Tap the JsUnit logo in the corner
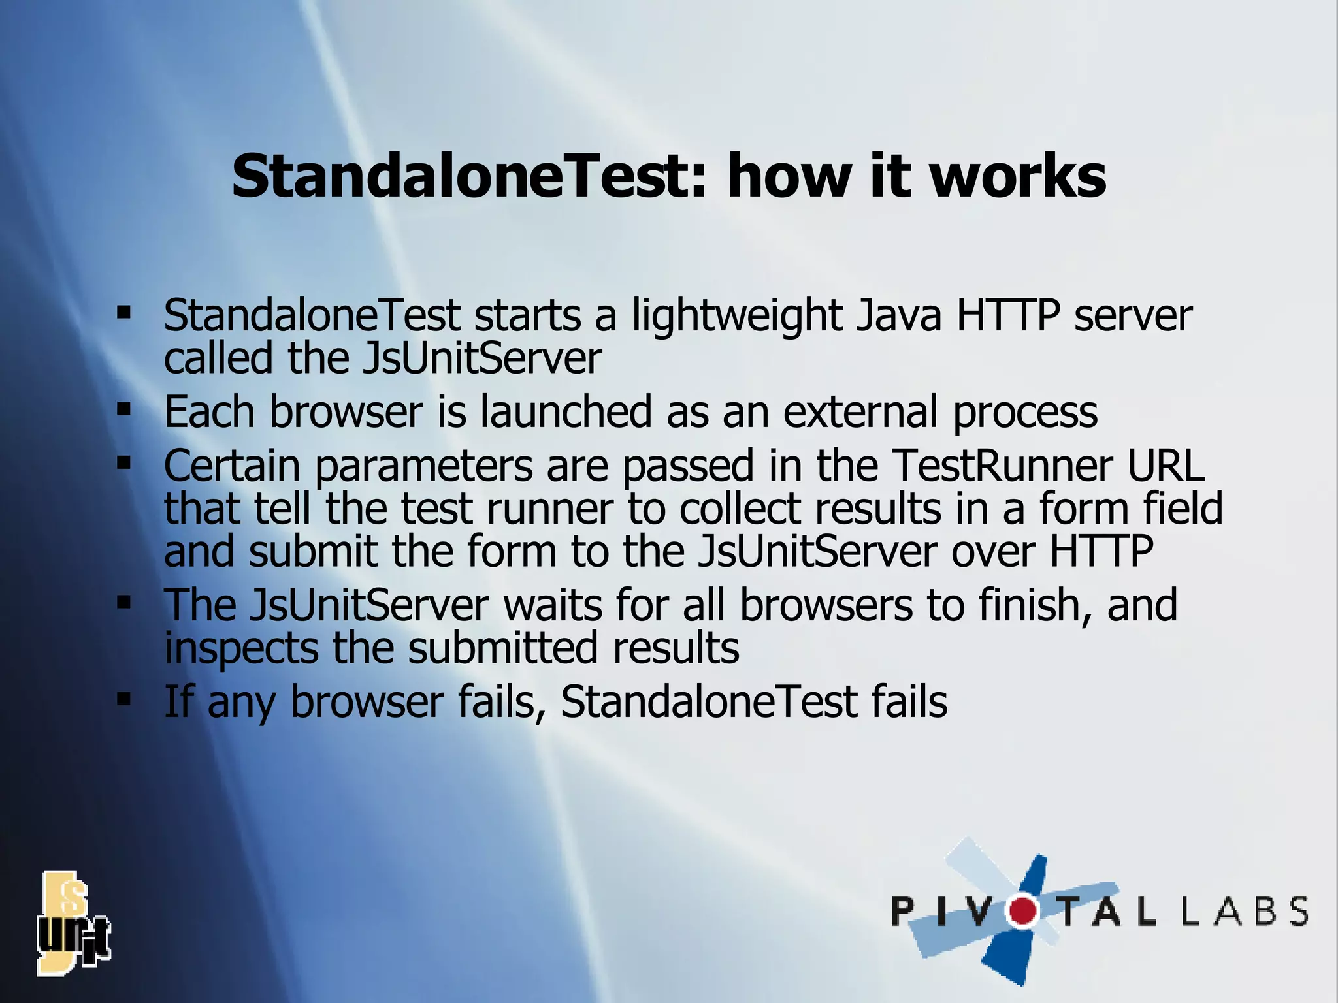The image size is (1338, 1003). [x=73, y=923]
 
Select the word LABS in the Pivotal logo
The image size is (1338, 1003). [x=1245, y=911]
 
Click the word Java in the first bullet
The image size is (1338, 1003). [x=899, y=316]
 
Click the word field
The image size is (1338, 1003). [x=1183, y=508]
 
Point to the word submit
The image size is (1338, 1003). [x=313, y=551]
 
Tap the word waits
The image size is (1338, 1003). [x=552, y=605]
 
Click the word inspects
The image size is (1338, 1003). [x=241, y=649]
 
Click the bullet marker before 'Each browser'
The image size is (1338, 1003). [x=123, y=410]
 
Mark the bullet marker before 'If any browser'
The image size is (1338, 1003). [x=123, y=700]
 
